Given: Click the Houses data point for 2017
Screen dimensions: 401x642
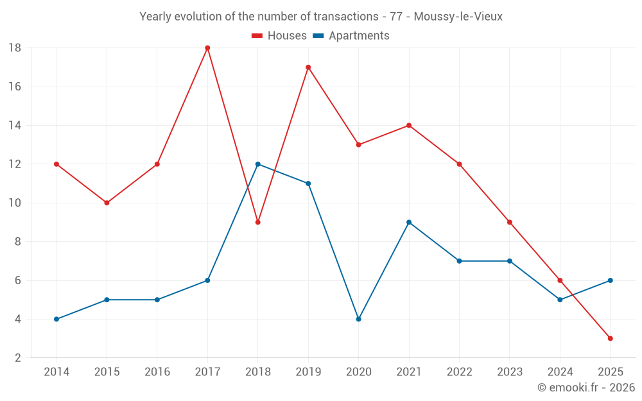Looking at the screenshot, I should point(207,48).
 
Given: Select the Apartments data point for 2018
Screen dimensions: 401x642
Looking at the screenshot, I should point(258,164).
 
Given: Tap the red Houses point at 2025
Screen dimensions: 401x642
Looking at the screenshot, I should point(611,338).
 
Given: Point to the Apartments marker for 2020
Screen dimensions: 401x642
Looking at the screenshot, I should point(358,319).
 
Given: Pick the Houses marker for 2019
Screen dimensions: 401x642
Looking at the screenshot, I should point(308,67).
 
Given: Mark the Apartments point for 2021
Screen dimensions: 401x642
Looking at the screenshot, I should point(409,222).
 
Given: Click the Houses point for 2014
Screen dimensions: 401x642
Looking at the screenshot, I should point(56,164).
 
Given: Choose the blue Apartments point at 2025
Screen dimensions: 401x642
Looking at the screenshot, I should point(611,280).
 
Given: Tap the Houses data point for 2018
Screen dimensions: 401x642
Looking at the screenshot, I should point(258,222).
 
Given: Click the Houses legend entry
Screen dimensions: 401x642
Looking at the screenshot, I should point(279,36).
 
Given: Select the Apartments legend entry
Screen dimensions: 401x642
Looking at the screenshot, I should point(351,36).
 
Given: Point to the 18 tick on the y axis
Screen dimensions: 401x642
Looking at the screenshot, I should point(15,48).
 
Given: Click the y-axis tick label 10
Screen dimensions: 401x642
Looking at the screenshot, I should point(15,203).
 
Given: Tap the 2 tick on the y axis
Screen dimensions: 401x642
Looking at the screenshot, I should point(18,357).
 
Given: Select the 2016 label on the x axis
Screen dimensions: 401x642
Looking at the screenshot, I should point(157,371).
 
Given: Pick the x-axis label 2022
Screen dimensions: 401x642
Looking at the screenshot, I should point(459,371).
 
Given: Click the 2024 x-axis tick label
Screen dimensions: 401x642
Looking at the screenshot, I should point(560,371).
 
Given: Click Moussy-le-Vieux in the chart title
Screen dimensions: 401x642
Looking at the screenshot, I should point(458,16).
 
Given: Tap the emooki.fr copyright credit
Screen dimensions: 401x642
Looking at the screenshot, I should point(586,388).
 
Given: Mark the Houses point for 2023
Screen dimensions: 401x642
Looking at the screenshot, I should point(510,222).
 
